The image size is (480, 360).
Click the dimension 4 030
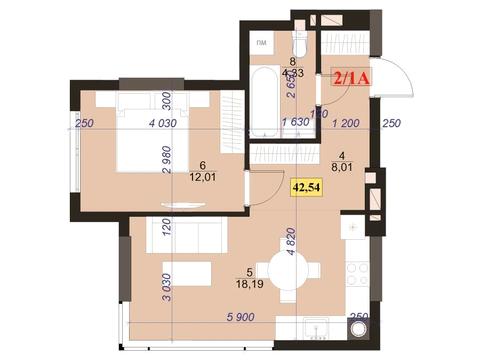[x=160, y=124]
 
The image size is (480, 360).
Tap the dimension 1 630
[x=294, y=124]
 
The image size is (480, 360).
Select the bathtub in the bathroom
[x=264, y=101]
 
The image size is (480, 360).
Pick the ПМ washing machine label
[x=260, y=45]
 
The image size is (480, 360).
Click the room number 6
[x=202, y=165]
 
